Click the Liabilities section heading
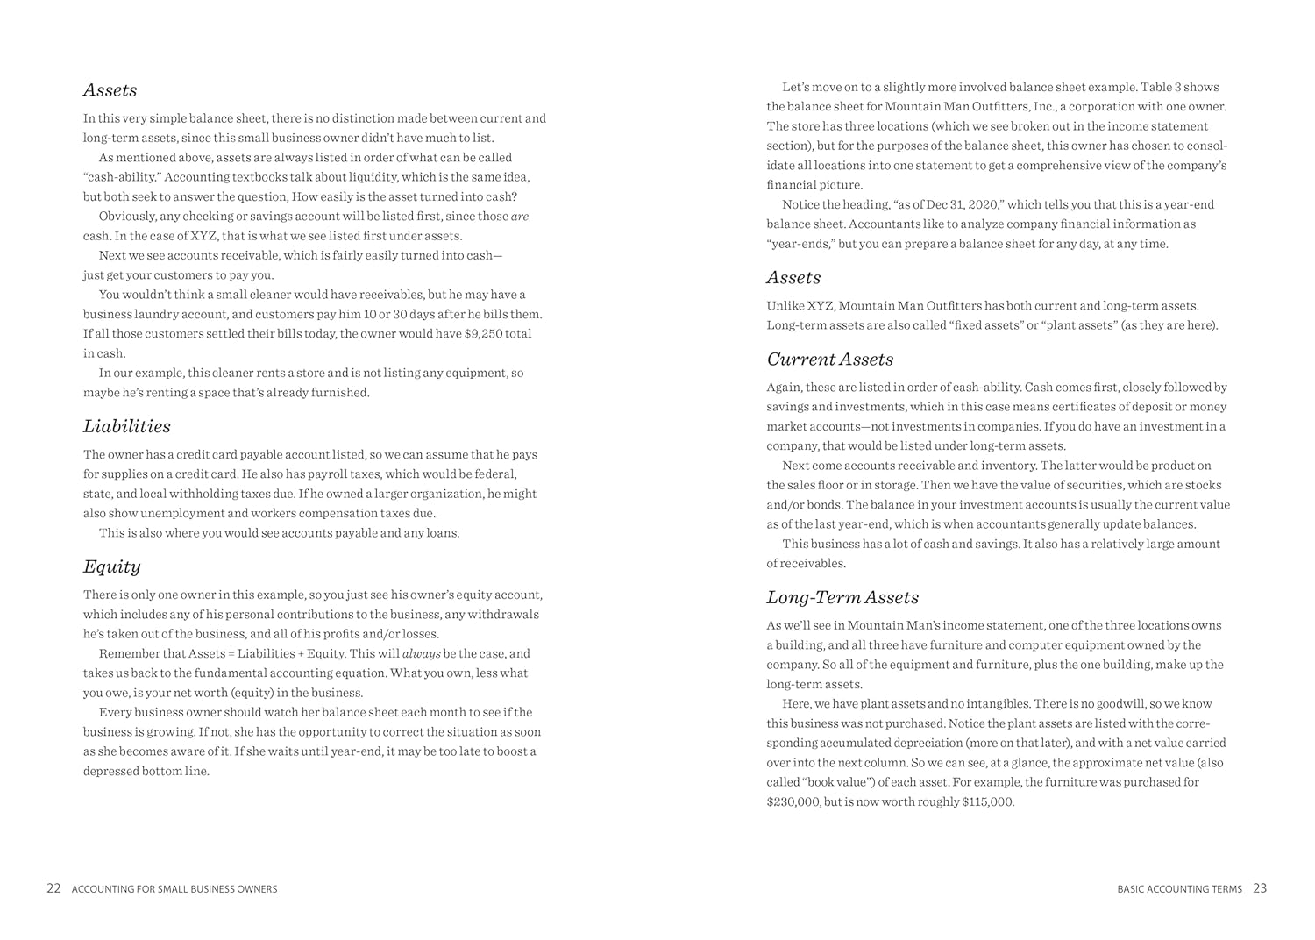coord(127,426)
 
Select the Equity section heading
coord(111,566)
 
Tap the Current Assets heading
coord(829,359)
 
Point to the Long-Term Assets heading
coord(842,597)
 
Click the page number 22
coord(53,888)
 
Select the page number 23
coord(1260,888)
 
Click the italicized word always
coord(421,654)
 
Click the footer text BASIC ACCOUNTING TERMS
coord(1179,889)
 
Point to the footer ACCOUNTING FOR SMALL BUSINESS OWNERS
coord(174,889)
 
